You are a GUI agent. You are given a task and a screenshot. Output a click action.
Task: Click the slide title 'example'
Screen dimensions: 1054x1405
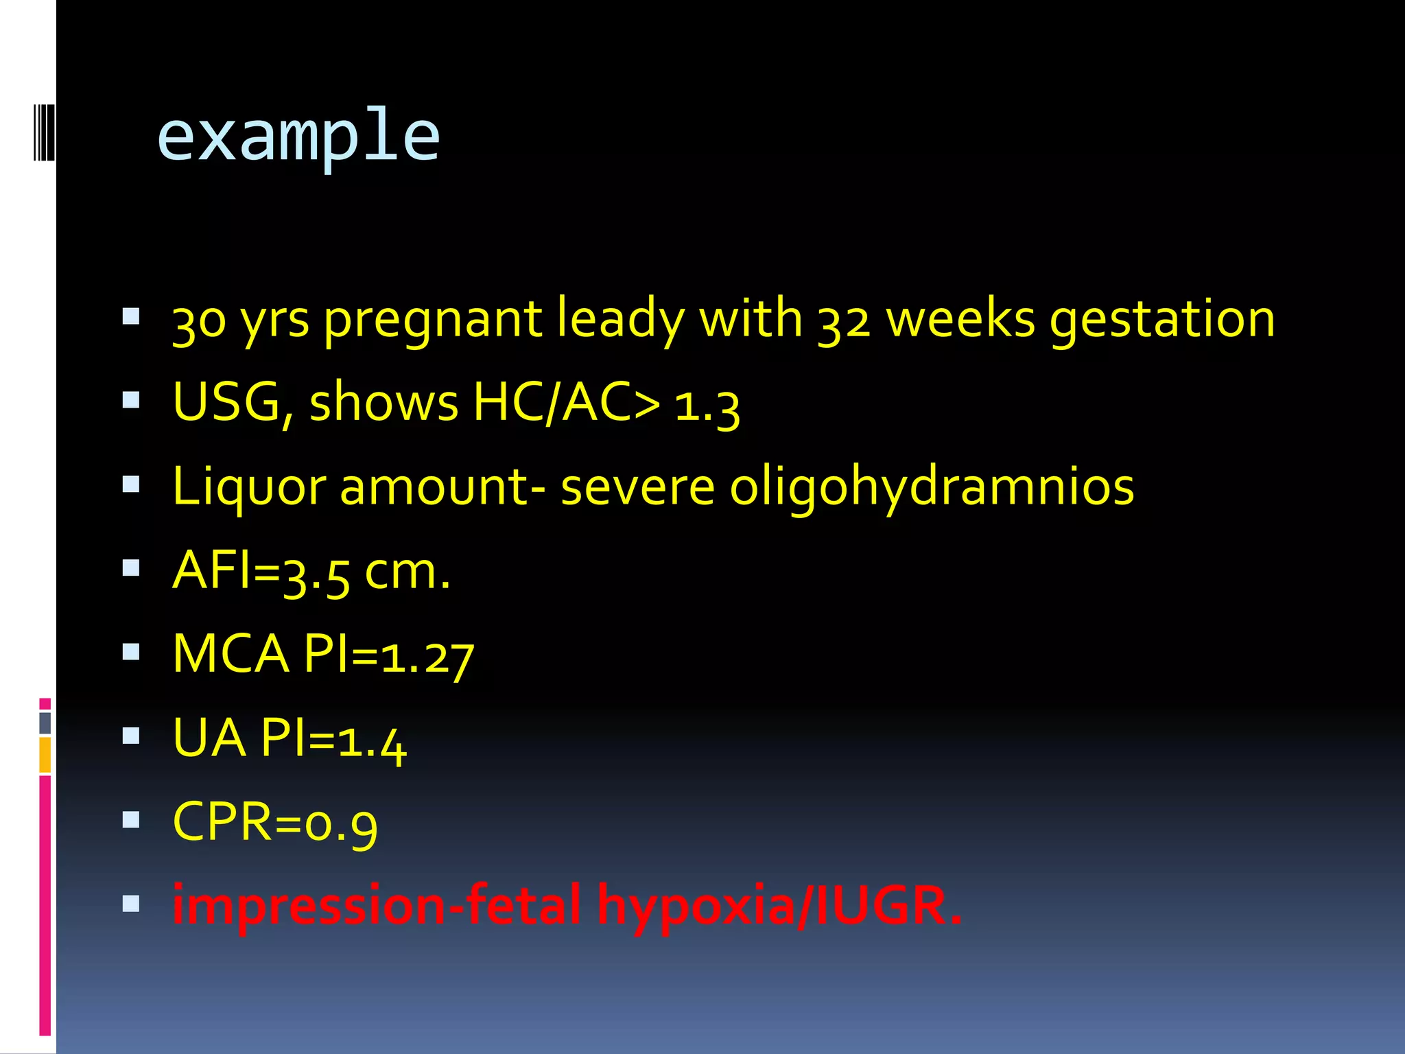pos(298,137)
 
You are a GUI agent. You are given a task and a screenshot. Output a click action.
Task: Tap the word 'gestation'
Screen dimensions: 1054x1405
pos(1162,319)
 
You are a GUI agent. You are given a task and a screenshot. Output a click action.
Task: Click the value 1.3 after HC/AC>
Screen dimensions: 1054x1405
pos(707,406)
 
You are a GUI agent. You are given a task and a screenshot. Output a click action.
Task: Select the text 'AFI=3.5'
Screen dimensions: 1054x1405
pos(261,572)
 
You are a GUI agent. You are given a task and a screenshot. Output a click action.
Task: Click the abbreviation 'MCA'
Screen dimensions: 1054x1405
pos(231,654)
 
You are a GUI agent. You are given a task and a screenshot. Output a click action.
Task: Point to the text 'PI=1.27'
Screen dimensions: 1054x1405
pos(388,655)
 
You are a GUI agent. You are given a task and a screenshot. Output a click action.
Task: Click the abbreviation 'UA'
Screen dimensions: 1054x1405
pos(209,738)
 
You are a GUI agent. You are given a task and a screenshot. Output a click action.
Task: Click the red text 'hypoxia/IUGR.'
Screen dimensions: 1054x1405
pos(779,906)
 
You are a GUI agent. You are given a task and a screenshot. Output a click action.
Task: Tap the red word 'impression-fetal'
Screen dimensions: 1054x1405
pos(376,906)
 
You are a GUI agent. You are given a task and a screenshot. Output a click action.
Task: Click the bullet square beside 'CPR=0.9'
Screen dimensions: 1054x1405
pos(131,820)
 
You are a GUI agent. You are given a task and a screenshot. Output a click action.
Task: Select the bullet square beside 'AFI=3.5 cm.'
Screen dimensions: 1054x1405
pos(131,568)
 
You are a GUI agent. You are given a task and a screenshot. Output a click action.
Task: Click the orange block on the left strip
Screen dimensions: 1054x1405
pos(45,754)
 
